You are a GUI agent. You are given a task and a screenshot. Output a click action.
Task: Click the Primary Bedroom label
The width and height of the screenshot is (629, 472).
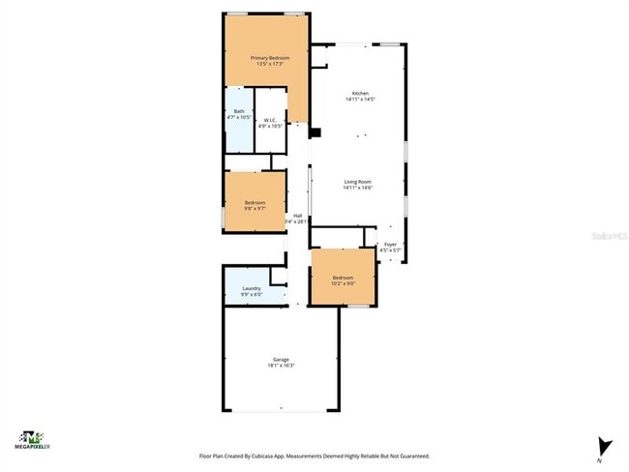267,58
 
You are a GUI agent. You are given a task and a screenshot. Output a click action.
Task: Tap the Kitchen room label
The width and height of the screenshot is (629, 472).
359,93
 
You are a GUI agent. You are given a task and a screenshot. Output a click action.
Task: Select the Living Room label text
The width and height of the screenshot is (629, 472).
359,182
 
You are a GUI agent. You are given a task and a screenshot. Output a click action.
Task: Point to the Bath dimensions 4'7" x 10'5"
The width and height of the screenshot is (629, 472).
239,117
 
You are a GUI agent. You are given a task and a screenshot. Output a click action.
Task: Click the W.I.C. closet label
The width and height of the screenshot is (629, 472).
270,121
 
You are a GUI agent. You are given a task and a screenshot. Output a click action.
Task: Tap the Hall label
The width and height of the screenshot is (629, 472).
298,216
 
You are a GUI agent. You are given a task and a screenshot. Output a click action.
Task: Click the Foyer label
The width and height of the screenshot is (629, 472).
391,245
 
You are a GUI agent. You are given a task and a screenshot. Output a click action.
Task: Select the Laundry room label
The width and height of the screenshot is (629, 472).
252,288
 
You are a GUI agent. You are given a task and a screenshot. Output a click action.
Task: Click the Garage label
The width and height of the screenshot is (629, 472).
281,359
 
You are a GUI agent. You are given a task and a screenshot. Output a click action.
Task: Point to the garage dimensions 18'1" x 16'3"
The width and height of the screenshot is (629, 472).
281,366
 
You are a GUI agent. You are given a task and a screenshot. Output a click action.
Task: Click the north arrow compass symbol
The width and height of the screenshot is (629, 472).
605,446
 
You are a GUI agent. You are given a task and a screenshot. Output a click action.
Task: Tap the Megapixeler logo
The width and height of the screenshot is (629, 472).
30,441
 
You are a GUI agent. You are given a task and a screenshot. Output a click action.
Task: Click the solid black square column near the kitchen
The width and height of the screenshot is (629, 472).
314,132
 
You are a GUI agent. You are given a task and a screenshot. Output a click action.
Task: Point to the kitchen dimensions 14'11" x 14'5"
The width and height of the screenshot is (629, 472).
359,100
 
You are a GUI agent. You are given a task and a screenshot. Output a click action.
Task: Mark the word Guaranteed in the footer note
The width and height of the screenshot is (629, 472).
411,456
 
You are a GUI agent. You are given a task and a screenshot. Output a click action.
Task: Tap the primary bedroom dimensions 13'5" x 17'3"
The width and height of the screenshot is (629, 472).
267,65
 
